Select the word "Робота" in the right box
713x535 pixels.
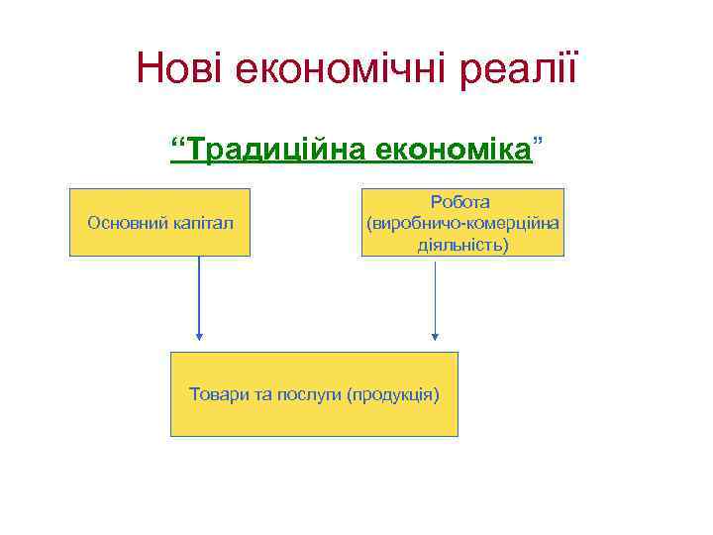tap(462, 203)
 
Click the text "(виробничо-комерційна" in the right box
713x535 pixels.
tap(462, 223)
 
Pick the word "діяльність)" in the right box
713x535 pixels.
tap(462, 243)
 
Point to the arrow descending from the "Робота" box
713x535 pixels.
tap(435, 297)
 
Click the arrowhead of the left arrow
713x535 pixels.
tap(199, 336)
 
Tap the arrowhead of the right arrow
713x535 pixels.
tap(435, 336)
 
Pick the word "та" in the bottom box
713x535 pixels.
tap(263, 394)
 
